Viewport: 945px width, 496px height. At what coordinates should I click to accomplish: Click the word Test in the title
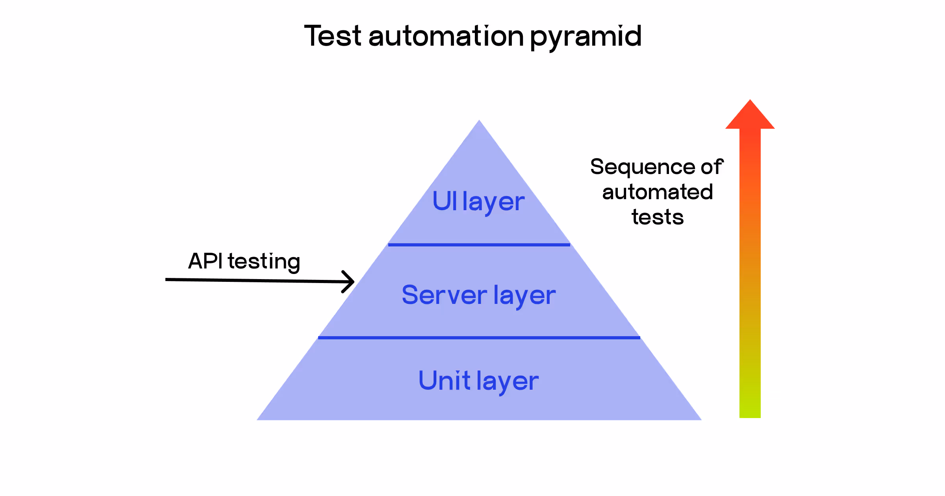click(x=333, y=36)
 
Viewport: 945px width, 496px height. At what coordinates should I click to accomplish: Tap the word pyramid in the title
click(x=586, y=37)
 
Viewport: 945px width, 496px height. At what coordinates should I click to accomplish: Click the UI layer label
click(x=478, y=202)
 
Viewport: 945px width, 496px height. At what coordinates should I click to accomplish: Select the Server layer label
click(x=478, y=295)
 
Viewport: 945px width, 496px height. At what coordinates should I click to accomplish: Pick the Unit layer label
click(x=478, y=381)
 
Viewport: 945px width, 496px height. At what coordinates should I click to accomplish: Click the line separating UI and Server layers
click(x=479, y=245)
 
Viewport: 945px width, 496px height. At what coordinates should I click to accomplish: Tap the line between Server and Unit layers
click(x=479, y=338)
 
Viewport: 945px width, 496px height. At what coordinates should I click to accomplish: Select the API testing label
click(x=244, y=261)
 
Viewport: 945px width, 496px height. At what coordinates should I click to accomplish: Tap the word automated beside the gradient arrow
click(x=658, y=192)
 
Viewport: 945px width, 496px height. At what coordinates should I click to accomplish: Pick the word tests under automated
click(x=658, y=217)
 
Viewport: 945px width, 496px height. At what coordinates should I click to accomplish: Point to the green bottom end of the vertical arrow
click(x=750, y=411)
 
